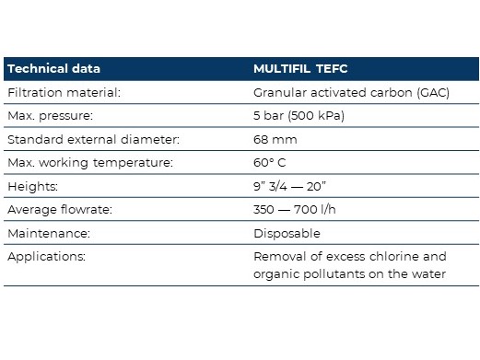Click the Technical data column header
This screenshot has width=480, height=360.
[x=53, y=68]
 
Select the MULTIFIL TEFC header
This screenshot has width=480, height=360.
[x=300, y=68]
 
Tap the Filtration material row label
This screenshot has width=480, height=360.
[x=64, y=92]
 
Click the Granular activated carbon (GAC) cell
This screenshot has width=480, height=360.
[x=351, y=92]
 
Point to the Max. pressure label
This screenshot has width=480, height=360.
[x=50, y=116]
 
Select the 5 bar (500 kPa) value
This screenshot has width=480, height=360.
[x=299, y=116]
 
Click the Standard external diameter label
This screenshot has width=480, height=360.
[x=93, y=139]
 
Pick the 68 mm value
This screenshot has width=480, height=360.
[x=275, y=139]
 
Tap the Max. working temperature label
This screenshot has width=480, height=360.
[x=90, y=163]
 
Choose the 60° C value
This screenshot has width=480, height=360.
[x=269, y=162]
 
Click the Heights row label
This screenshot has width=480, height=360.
[x=32, y=187]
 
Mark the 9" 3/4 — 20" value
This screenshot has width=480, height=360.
[x=289, y=186]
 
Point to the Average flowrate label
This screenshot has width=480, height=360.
[x=60, y=210]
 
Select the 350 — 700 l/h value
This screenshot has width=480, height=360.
[x=294, y=209]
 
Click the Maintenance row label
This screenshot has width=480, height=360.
[x=49, y=233]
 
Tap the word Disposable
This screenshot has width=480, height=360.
[x=287, y=234]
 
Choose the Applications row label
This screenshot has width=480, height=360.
[x=46, y=257]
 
